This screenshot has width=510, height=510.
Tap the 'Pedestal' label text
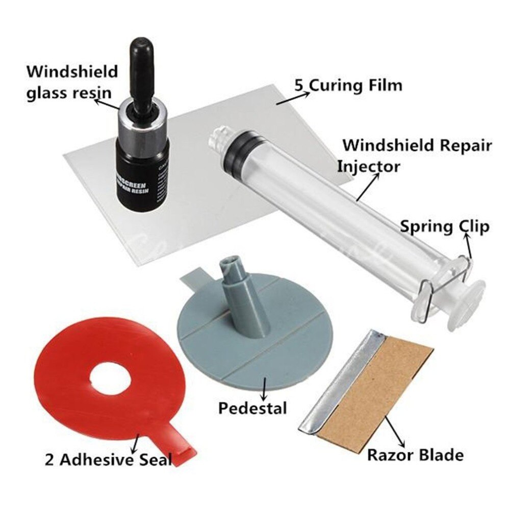(x=252, y=408)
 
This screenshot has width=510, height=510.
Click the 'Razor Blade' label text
(x=416, y=454)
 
